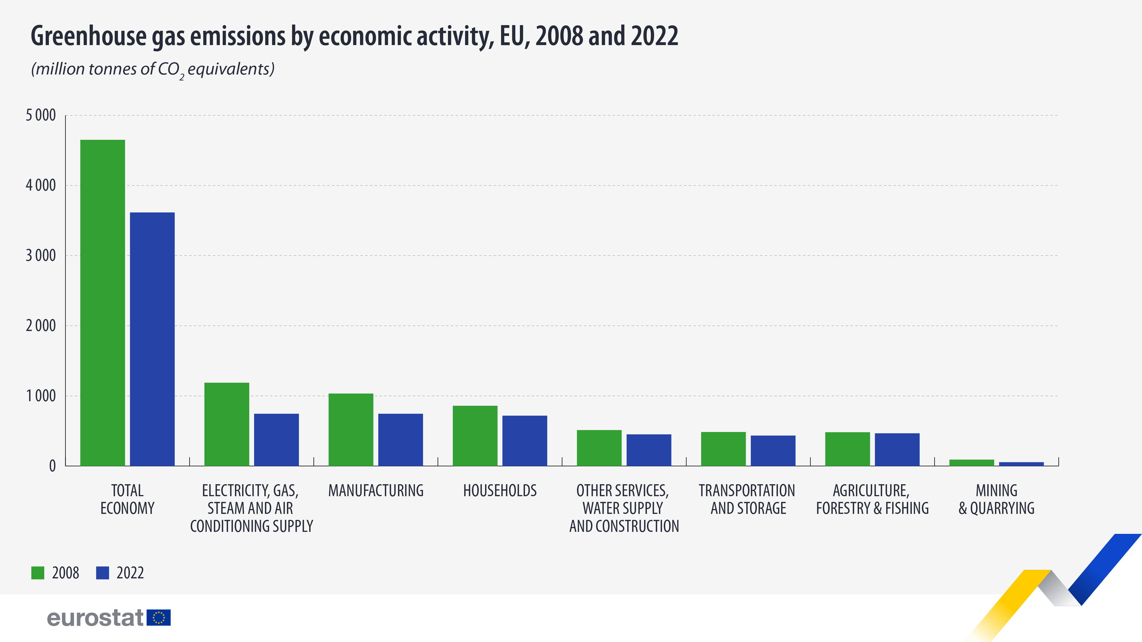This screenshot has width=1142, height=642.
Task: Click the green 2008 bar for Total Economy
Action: pyautogui.click(x=102, y=303)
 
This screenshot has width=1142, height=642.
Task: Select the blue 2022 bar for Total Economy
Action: pyautogui.click(x=152, y=339)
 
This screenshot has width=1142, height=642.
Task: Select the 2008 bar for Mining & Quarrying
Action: pyautogui.click(x=971, y=463)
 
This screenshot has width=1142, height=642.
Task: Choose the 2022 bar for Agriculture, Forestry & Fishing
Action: pyautogui.click(x=897, y=449)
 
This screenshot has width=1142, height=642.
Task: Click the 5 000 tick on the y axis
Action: pyautogui.click(x=41, y=115)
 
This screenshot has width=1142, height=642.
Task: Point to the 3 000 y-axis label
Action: pyautogui.click(x=41, y=256)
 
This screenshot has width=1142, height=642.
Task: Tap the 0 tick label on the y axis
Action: pyautogui.click(x=52, y=466)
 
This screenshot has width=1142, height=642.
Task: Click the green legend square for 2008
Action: pyautogui.click(x=38, y=573)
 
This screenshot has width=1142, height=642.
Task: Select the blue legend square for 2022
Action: pyautogui.click(x=102, y=573)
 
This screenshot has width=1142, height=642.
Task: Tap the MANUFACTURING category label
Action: pyautogui.click(x=376, y=490)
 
